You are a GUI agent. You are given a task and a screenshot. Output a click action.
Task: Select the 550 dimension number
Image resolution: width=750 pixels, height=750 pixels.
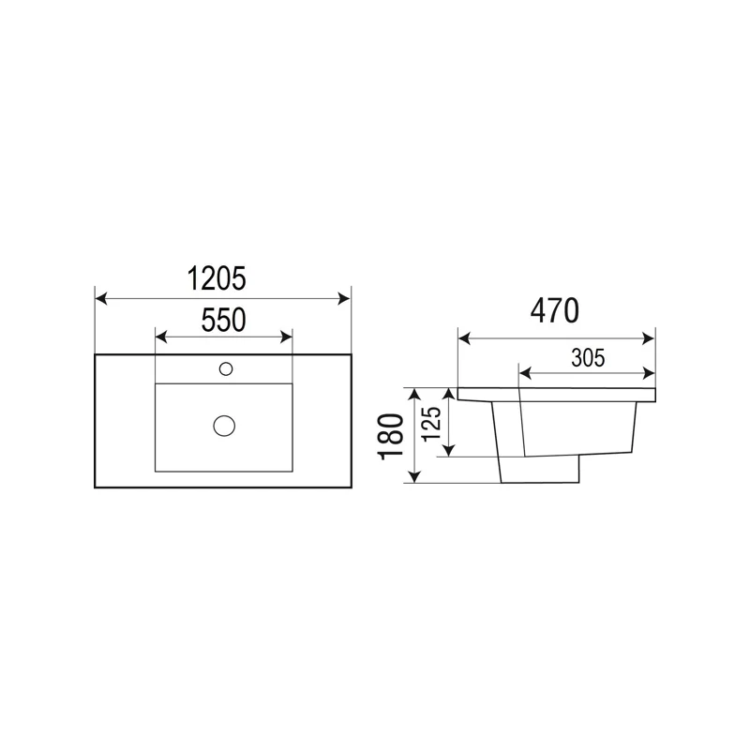224,321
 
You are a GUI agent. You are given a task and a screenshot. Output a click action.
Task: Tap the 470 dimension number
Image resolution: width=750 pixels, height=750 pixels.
555,309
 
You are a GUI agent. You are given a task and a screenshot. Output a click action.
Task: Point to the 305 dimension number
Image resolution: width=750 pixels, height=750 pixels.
586,356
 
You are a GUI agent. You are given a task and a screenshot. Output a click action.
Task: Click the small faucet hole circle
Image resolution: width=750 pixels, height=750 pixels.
225,368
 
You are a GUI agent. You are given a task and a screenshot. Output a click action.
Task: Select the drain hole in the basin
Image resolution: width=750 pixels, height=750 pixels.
223,426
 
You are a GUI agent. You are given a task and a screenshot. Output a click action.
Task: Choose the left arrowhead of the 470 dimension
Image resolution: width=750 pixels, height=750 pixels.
462,336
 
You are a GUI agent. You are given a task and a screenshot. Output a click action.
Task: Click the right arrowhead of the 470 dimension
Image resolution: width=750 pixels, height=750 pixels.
649,336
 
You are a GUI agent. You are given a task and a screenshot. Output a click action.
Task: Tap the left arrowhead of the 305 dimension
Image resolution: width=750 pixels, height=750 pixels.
523,372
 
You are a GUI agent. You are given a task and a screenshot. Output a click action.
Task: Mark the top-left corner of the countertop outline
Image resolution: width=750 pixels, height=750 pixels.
96,354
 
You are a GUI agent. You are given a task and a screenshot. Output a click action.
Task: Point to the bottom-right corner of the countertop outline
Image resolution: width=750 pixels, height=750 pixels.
351,487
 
